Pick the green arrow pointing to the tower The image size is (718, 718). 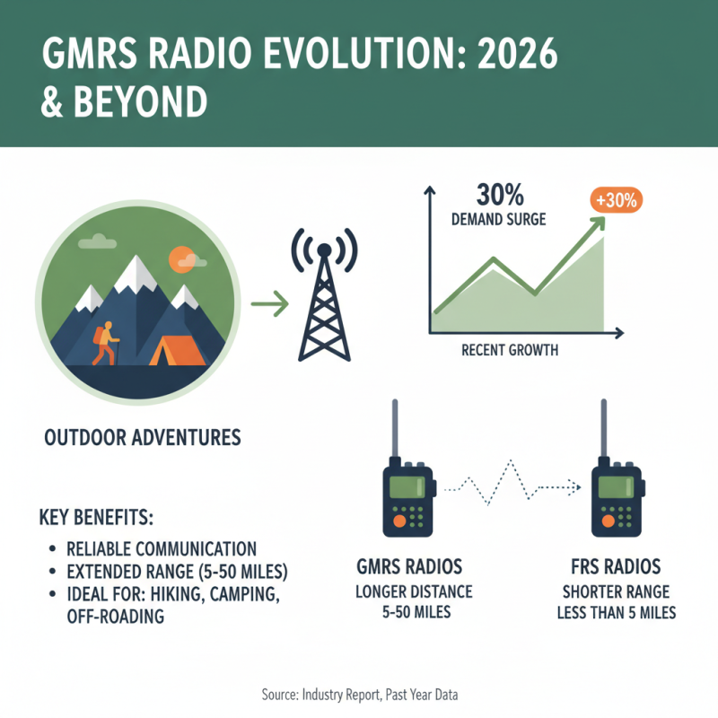pyautogui.click(x=268, y=305)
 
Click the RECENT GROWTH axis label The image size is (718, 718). pyautogui.click(x=509, y=350)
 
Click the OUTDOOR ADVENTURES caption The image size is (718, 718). pyautogui.click(x=142, y=438)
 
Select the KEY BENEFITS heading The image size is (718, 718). pyautogui.click(x=98, y=519)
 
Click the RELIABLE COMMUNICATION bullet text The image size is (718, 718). pyautogui.click(x=162, y=548)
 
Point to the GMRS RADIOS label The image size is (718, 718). pyautogui.click(x=413, y=568)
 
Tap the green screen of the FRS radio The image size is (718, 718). pyautogui.click(x=616, y=488)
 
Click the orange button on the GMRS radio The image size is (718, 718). pyautogui.click(x=397, y=520)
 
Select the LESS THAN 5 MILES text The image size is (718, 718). pyautogui.click(x=619, y=614)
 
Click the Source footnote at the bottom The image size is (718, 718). pyautogui.click(x=359, y=696)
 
